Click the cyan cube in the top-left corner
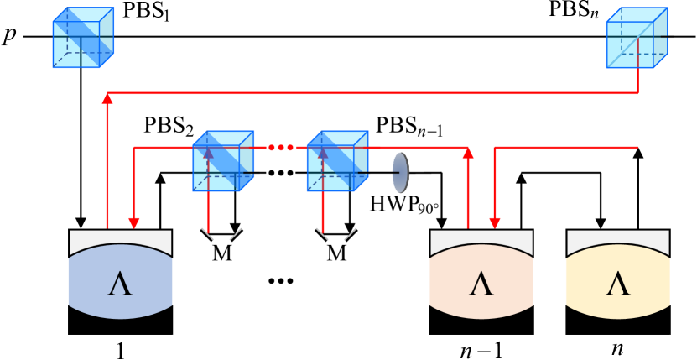[83, 39]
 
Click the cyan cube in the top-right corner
[637, 39]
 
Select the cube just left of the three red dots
[223, 161]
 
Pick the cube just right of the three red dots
[337, 161]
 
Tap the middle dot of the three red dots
[281, 148]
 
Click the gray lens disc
[401, 173]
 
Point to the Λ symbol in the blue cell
[120, 284]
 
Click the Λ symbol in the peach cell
[481, 284]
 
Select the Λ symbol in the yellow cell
[618, 284]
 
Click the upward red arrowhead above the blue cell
[107, 98]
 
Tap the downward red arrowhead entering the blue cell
[134, 223]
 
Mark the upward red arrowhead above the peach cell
[468, 153]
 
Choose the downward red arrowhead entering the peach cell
[495, 223]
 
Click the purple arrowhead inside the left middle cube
[208, 153]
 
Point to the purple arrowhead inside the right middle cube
[322, 153]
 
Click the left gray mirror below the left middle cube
[207, 233]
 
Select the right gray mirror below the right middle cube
[350, 233]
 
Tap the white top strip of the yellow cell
[618, 237]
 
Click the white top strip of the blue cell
[120, 237]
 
